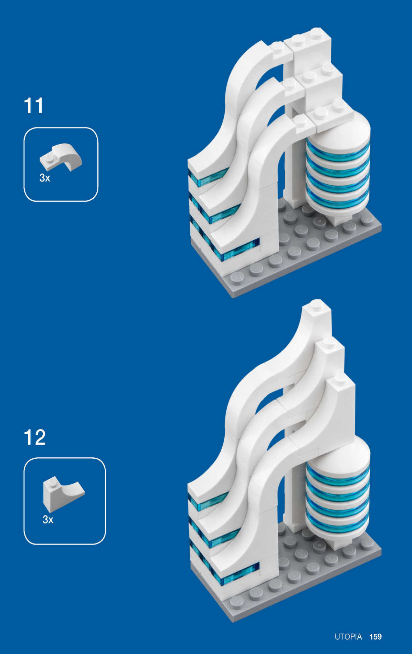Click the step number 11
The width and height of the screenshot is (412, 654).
pyautogui.click(x=34, y=106)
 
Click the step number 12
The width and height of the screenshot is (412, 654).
pyautogui.click(x=35, y=437)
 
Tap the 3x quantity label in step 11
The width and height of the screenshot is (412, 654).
pyautogui.click(x=45, y=178)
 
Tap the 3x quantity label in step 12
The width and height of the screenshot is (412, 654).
pyautogui.click(x=48, y=519)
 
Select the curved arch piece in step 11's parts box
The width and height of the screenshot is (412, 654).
pyautogui.click(x=61, y=157)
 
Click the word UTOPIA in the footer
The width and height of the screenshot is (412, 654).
pyautogui.click(x=348, y=637)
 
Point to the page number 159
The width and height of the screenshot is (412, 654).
pyautogui.click(x=376, y=637)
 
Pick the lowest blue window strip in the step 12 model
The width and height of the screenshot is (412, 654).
pyautogui.click(x=237, y=574)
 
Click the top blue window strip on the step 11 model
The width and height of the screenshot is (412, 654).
pyautogui.click(x=208, y=177)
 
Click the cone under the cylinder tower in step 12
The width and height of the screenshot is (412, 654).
pyautogui.click(x=336, y=541)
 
